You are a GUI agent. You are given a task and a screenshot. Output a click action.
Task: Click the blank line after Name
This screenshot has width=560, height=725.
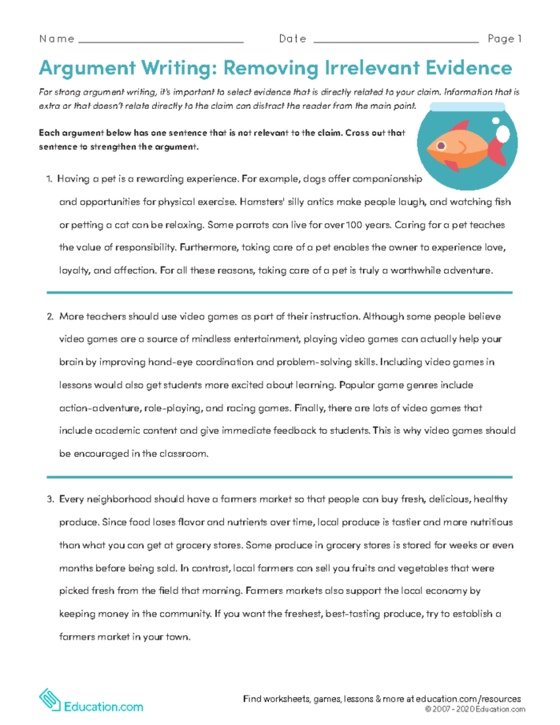[x=161, y=40]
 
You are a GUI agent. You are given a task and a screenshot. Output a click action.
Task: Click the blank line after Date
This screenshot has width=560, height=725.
[x=396, y=40]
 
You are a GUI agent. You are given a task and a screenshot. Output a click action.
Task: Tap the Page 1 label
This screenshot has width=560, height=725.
[x=504, y=38]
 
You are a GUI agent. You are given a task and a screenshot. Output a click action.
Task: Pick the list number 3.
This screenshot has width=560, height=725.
[x=48, y=499]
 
